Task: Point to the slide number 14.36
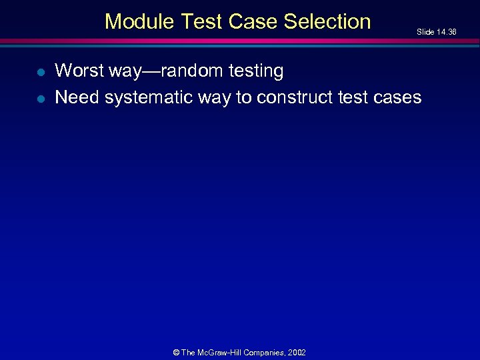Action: (x=446, y=32)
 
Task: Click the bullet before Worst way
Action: (x=40, y=71)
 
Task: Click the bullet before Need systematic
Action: (x=40, y=98)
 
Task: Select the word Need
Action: (x=77, y=97)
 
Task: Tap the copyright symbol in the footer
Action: (x=176, y=353)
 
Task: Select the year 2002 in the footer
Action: (x=296, y=353)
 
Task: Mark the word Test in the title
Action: (x=201, y=21)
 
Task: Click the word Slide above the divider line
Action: (x=425, y=32)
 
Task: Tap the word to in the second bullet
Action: (x=243, y=97)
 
